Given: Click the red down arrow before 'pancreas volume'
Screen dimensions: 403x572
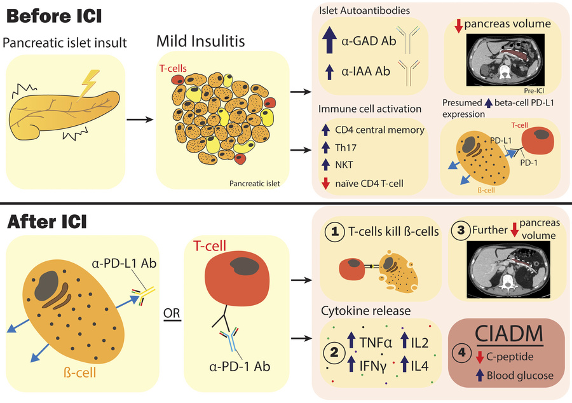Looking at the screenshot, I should pos(458,25).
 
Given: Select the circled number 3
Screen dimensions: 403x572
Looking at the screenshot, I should pos(460,232).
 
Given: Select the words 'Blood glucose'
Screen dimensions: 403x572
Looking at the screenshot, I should pos(519,376).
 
